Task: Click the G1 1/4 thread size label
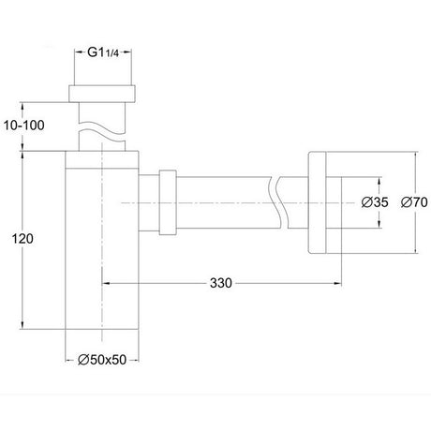click(x=103, y=52)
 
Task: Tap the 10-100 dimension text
click(x=24, y=126)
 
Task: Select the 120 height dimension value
click(x=22, y=239)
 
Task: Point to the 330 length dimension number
click(x=221, y=283)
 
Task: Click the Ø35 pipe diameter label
click(x=375, y=202)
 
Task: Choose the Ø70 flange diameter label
click(x=414, y=202)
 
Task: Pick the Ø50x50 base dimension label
click(x=102, y=360)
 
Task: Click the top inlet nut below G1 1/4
click(x=102, y=93)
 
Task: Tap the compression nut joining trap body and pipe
click(x=168, y=202)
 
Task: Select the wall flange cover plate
click(x=317, y=202)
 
